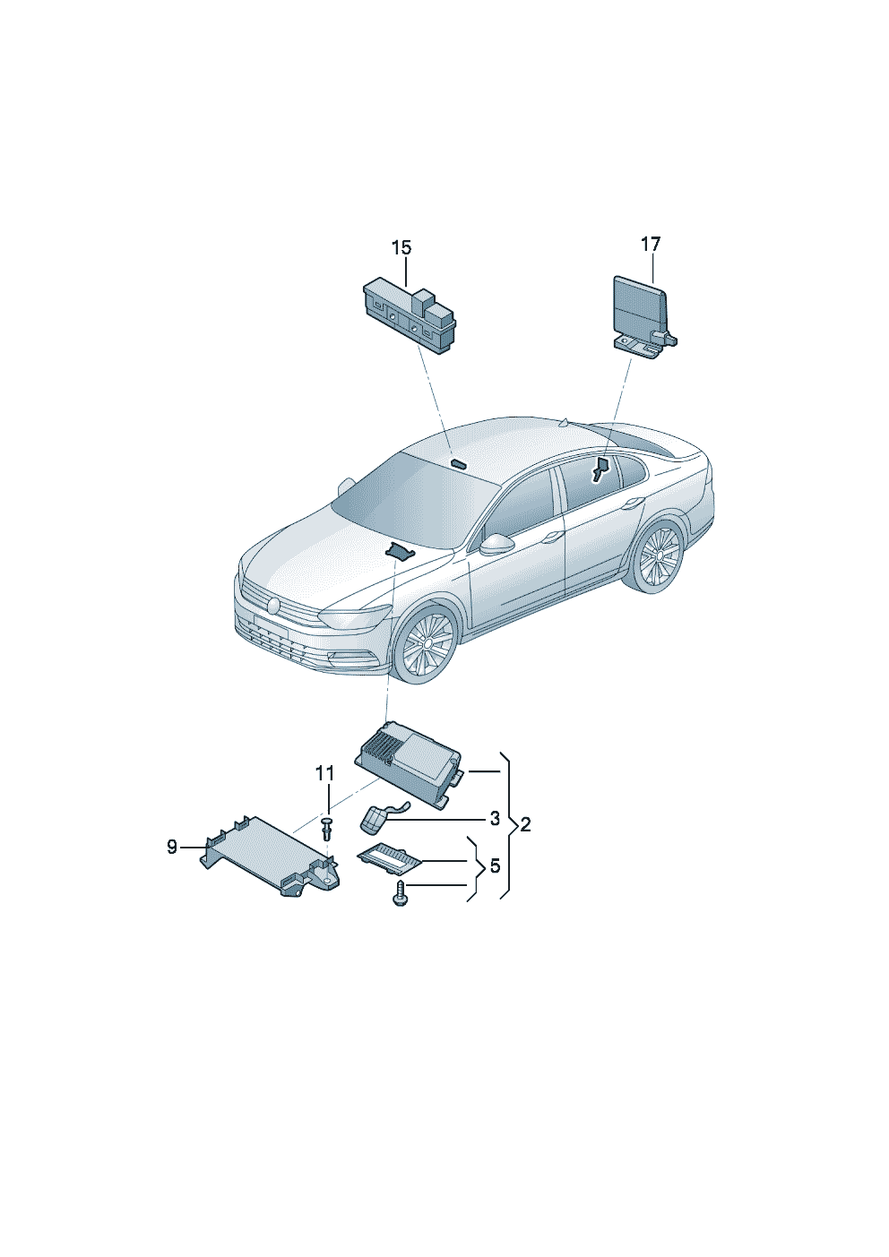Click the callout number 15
coord(401,247)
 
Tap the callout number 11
coord(324,773)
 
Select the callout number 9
coord(172,847)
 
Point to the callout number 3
coord(495,819)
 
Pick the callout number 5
coord(495,865)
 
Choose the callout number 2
coord(525,824)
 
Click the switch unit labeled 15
coord(410,317)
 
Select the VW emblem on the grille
coord(273,606)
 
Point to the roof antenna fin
coord(565,421)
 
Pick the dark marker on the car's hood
coord(400,552)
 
